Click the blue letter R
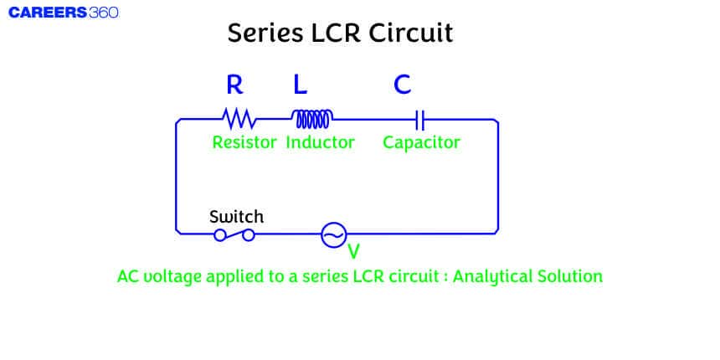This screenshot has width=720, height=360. (235, 85)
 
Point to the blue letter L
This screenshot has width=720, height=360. (300, 85)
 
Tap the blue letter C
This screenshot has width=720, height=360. (402, 85)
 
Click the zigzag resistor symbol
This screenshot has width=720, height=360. (239, 117)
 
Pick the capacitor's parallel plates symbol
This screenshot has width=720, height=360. (422, 118)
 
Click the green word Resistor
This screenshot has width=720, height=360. (244, 142)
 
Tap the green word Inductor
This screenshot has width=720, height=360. (320, 142)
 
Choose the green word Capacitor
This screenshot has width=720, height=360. (421, 142)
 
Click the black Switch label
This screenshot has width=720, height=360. (236, 217)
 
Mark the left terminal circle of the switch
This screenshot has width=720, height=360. (220, 235)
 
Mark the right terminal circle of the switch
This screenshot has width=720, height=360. (248, 235)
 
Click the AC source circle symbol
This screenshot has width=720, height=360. (333, 235)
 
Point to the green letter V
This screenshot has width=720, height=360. (353, 250)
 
